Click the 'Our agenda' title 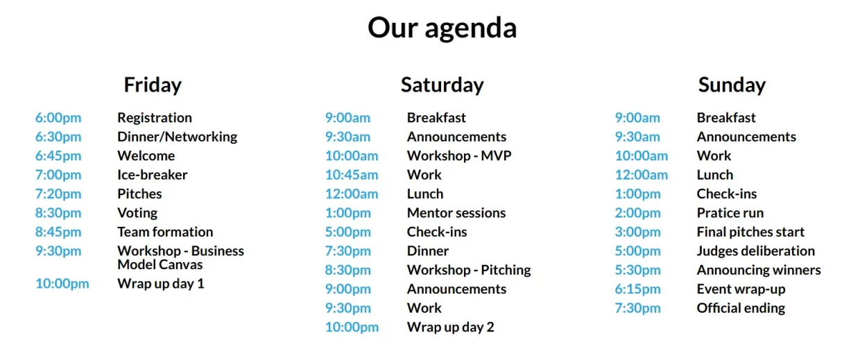point(442,28)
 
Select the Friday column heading point(153,85)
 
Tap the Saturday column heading point(442,85)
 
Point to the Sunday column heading point(732,85)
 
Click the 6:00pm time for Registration point(58,118)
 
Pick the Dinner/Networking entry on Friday point(178,137)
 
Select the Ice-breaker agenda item point(153,175)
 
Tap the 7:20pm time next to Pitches point(58,194)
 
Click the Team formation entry point(165,232)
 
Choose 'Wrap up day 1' point(161,284)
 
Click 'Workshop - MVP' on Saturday point(459,156)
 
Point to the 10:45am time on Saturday point(352,175)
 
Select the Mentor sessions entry point(456,213)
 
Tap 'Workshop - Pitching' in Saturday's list point(469,271)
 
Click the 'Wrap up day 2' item point(450,327)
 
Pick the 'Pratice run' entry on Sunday point(730,213)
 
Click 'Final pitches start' point(750,232)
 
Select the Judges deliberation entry point(755,251)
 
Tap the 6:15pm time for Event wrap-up point(637,289)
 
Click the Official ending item point(741,308)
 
